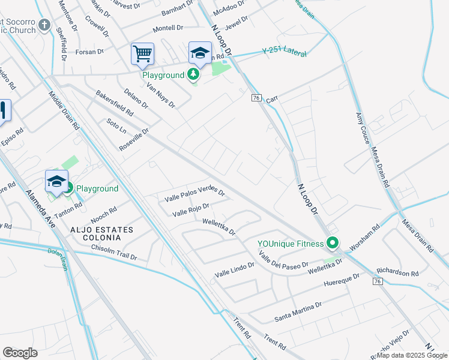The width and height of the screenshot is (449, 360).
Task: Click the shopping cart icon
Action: tap(143, 54)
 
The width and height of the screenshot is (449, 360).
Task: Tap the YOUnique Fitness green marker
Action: tap(333, 244)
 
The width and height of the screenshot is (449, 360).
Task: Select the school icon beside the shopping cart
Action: tap(200, 53)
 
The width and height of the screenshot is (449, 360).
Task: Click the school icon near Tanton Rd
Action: tap(56, 182)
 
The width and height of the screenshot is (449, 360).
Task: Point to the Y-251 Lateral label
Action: tap(285, 53)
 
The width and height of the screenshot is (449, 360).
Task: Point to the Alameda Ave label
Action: tap(41, 209)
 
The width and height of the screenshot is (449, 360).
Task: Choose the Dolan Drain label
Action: tap(58, 259)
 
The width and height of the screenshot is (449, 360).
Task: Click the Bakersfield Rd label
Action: tap(114, 104)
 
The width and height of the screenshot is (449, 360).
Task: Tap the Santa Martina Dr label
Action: tap(298, 310)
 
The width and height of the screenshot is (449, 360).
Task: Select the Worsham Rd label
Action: tap(367, 235)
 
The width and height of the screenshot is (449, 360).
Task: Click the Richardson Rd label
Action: tap(397, 272)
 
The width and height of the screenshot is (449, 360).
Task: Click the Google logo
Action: tap(20, 353)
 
